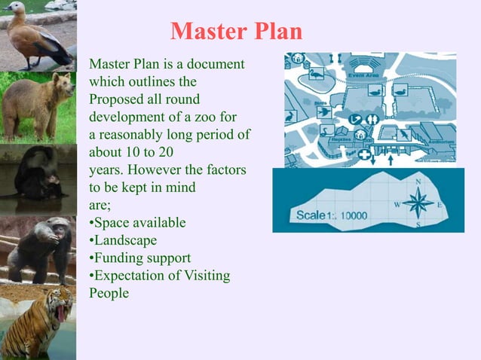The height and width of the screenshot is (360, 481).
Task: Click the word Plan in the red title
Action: tap(276, 32)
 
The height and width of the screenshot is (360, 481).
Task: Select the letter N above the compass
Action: tap(418, 182)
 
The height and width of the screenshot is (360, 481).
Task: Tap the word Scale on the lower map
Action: tap(310, 215)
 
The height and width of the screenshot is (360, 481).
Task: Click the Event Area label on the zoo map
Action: tap(364, 75)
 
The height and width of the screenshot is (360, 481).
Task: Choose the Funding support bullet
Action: tap(139, 258)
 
